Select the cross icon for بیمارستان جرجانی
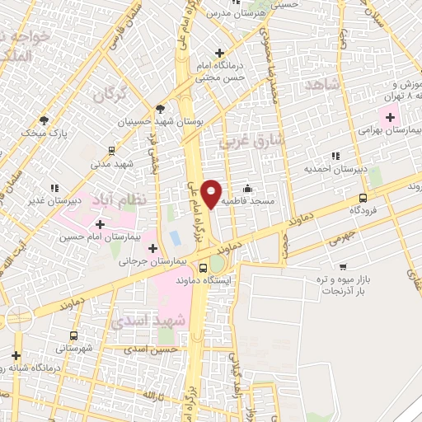click(153, 247)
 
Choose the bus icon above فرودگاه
click(363, 198)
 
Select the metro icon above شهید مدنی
click(110, 151)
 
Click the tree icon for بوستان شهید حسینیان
click(159, 108)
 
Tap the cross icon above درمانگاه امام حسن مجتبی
click(219, 54)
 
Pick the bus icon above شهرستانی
click(74, 335)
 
